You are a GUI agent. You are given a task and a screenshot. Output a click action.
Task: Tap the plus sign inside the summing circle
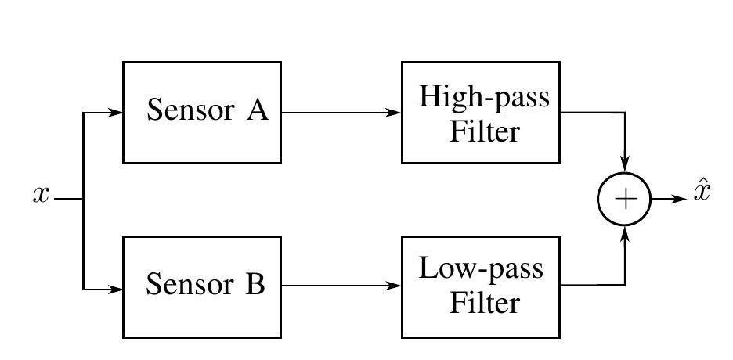tap(625, 200)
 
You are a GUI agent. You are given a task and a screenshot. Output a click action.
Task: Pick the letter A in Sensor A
tap(258, 111)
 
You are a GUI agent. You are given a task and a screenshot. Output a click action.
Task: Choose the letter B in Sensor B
tap(256, 286)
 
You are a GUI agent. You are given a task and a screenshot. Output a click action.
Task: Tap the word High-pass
tap(484, 98)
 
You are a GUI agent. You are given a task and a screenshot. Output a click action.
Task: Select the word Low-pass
tap(481, 270)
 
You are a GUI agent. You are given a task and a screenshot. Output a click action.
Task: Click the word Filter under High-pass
tap(483, 131)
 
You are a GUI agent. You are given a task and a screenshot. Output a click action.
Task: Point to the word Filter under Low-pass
tap(483, 303)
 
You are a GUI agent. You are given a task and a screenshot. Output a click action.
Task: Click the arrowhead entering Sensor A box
tap(117, 113)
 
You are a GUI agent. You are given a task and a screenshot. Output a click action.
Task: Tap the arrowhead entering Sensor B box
tap(117, 289)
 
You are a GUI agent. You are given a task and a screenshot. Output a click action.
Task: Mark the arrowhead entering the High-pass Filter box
tap(395, 113)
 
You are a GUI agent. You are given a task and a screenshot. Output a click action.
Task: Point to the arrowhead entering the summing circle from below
tap(625, 232)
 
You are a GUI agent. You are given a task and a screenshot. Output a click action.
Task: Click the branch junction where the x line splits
tap(83, 200)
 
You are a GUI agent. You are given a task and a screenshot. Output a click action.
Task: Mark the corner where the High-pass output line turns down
tap(625, 113)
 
